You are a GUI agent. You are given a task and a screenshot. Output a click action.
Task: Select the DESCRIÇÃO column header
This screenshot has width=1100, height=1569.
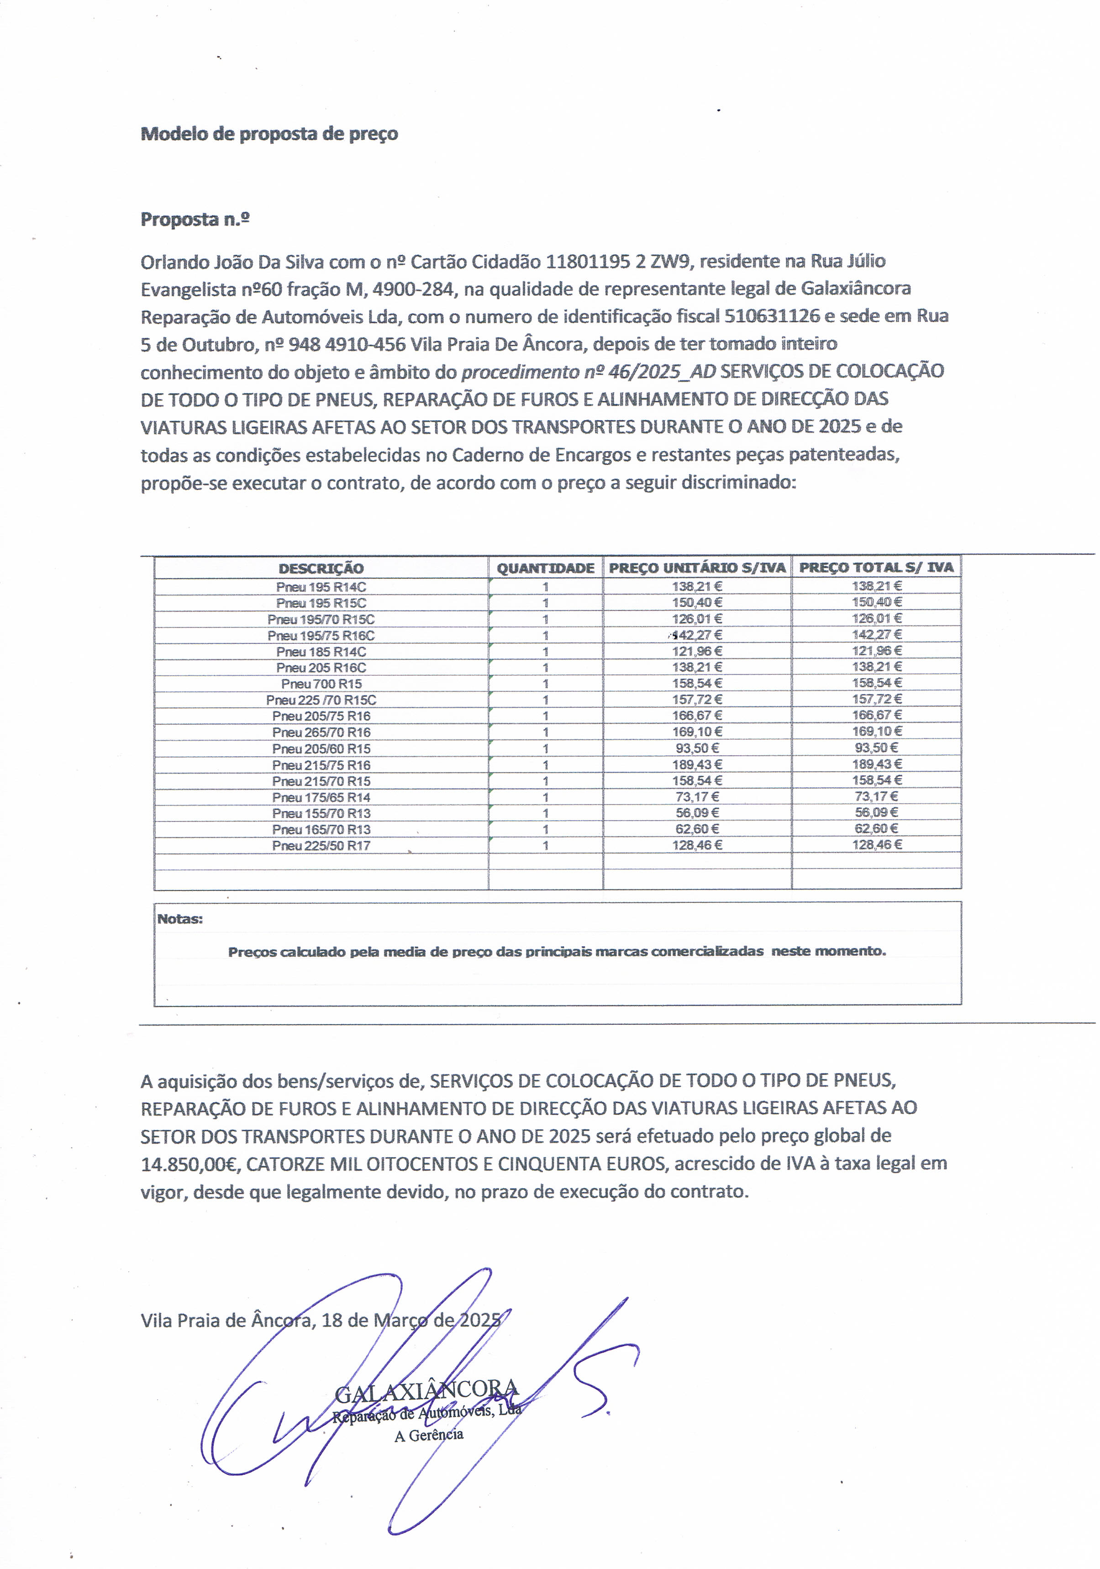(321, 568)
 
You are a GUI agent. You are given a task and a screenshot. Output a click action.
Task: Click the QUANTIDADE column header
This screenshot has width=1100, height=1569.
(545, 568)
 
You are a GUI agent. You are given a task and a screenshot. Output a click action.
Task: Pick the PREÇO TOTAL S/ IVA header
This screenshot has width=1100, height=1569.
(876, 567)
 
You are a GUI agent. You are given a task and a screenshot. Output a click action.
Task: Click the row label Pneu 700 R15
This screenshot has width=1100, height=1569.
(321, 684)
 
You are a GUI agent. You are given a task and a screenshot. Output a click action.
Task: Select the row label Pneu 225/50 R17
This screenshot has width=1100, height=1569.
(321, 845)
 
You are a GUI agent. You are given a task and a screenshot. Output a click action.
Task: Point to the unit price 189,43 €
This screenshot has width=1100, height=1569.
(697, 764)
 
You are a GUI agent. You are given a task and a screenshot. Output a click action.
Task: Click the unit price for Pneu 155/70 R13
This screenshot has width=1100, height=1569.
(697, 812)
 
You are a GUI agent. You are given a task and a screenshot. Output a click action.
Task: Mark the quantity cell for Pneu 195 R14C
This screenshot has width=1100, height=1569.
(545, 586)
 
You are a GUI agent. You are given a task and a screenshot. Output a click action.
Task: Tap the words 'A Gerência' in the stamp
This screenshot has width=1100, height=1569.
(428, 1435)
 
